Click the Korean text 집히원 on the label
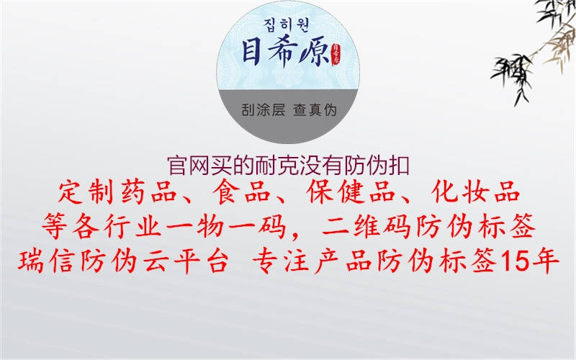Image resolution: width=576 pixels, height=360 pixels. coord(288,23)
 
